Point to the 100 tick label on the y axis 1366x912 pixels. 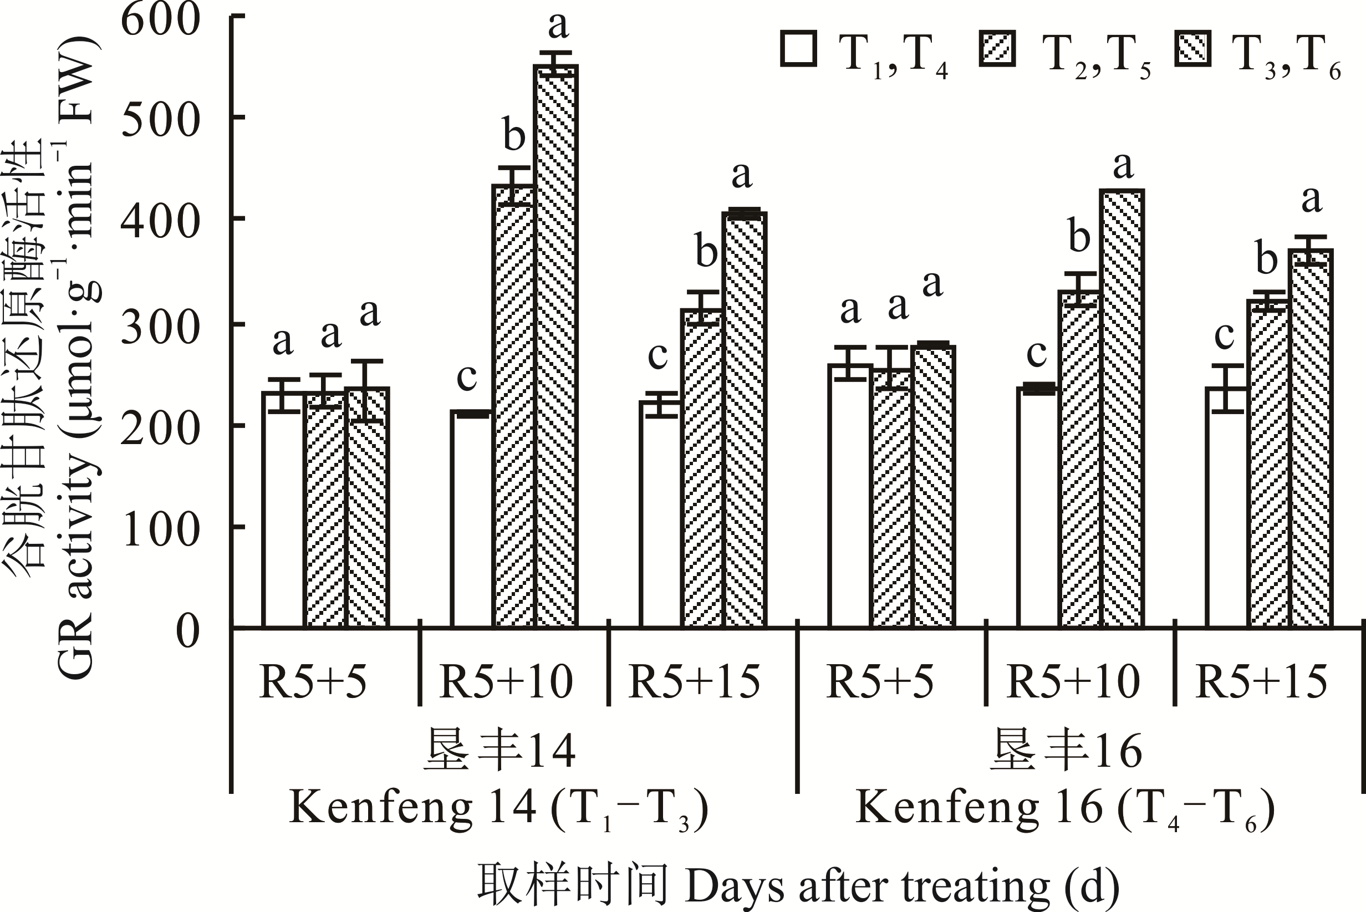pos(161,529)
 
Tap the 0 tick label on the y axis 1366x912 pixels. pos(187,631)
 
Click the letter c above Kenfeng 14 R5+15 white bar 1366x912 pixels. pos(657,355)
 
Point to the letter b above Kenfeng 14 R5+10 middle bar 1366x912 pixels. pos(514,135)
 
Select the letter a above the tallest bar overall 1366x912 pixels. pos(558,26)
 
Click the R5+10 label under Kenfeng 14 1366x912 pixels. pos(507,682)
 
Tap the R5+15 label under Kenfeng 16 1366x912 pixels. pos(1262,682)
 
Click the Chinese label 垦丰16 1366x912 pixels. pos(1066,751)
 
